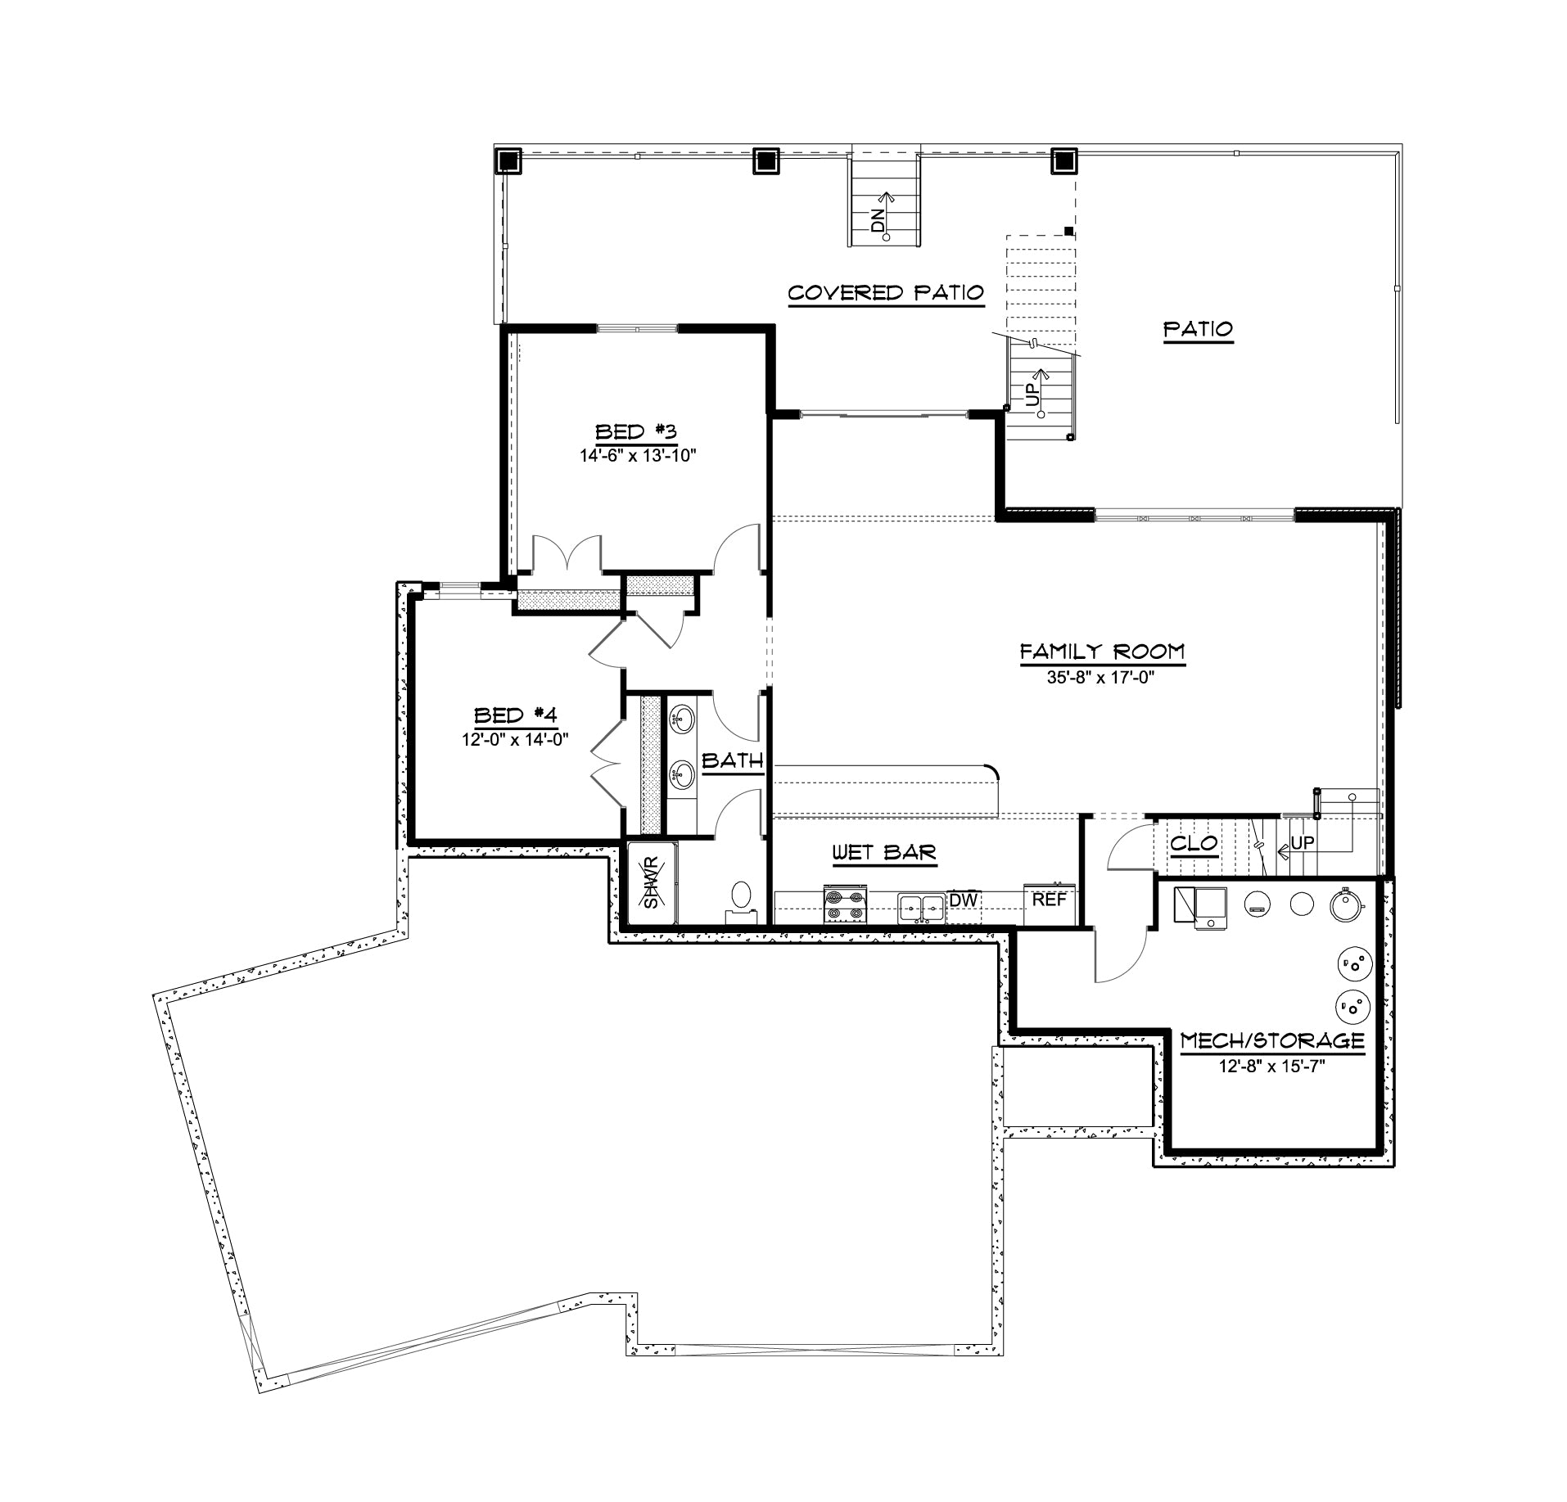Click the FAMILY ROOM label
[x=1102, y=652]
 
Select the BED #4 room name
[x=516, y=715]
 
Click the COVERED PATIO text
[x=885, y=293]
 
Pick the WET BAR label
[x=884, y=853]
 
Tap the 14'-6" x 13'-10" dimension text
[x=638, y=456]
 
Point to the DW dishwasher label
[x=964, y=900]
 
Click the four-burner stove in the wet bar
[x=845, y=904]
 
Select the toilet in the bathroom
[x=742, y=900]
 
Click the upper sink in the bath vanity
[x=682, y=721]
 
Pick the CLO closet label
[x=1194, y=843]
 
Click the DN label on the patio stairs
[x=878, y=221]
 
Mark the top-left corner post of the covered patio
[x=508, y=160]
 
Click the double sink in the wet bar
[x=923, y=908]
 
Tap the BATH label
[x=733, y=760]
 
